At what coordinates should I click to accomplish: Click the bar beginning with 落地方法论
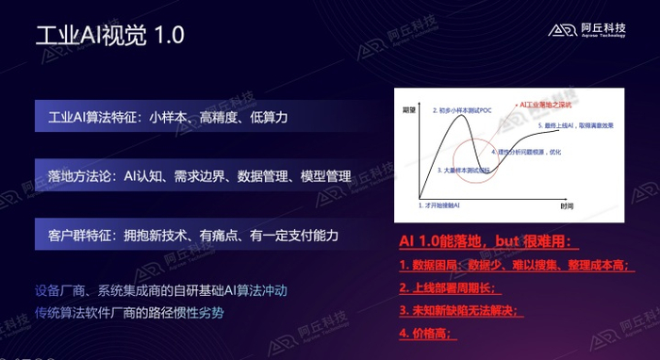click(190, 175)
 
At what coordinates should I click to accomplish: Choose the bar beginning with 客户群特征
click(190, 233)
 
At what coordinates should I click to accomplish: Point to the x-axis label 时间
click(566, 205)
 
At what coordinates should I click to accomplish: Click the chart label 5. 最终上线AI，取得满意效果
click(579, 124)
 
